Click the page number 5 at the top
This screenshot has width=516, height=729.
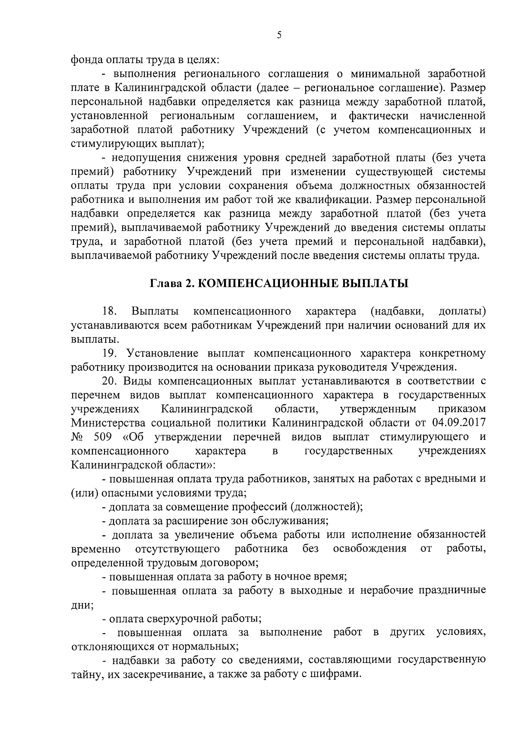point(279,36)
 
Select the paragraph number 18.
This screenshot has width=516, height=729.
point(109,311)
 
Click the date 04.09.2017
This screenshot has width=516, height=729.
point(457,423)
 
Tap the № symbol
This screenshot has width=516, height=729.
point(77,437)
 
